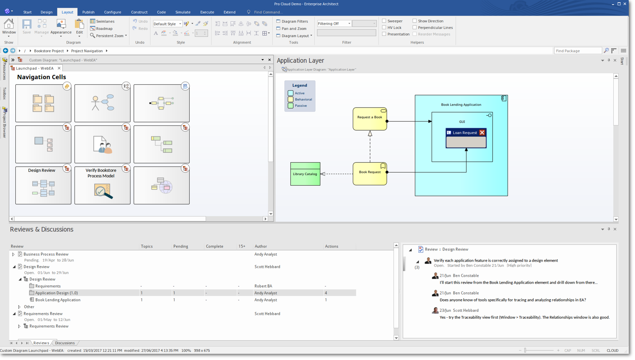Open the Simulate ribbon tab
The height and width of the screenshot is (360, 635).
coord(183,12)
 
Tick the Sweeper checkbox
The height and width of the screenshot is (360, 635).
coord(384,21)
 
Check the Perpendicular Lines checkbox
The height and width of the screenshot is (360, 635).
coord(414,28)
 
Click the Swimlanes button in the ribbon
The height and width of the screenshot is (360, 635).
coord(102,21)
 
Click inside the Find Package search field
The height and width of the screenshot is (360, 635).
coord(578,51)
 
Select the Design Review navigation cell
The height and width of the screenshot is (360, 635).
coord(43,185)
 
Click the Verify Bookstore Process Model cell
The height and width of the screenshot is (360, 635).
coord(102,185)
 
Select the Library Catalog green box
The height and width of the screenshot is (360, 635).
coord(305,174)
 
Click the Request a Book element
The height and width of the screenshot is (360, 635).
coord(370,119)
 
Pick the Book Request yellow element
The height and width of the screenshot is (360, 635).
coord(370,174)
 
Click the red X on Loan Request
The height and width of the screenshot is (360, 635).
coord(482,133)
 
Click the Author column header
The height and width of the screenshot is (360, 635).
coord(261,246)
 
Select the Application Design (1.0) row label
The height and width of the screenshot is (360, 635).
coord(56,293)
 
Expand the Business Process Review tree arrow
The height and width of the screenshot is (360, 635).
coord(13,254)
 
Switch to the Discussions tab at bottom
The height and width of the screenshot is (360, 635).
coord(65,343)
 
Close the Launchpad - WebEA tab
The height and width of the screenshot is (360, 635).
coord(59,68)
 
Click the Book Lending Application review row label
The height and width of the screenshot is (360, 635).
coord(58,300)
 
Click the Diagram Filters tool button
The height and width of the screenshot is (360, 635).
coord(292,21)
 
